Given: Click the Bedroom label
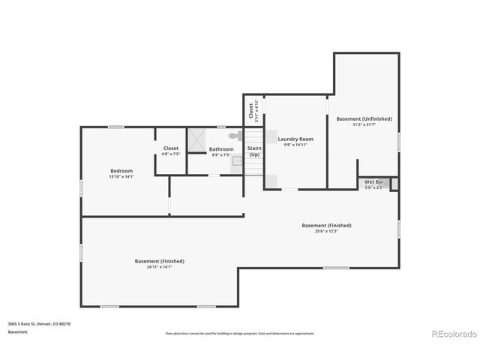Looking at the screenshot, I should (121, 171).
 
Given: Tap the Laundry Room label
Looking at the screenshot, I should (295, 139).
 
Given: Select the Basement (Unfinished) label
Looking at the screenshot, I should (364, 118).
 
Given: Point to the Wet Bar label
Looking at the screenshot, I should (373, 181).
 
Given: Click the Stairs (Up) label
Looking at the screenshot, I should (254, 151).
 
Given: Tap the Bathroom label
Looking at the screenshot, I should (221, 149).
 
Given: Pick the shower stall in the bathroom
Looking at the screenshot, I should (197, 139).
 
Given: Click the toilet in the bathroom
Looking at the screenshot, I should (234, 136).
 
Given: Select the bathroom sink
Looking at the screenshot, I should (237, 160).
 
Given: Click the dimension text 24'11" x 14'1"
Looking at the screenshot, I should (159, 267).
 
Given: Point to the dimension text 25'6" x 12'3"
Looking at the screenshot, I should (326, 231).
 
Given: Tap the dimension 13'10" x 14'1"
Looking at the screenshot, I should (121, 177).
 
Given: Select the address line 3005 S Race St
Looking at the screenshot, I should (39, 324).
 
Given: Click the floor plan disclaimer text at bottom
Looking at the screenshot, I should (239, 333).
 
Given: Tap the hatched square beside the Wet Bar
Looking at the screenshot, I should (395, 183).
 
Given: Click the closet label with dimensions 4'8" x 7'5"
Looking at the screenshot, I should (171, 154).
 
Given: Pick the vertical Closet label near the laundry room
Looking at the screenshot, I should (251, 110).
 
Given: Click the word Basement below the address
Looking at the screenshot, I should (18, 331).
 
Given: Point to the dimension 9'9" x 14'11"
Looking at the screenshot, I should (295, 145).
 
